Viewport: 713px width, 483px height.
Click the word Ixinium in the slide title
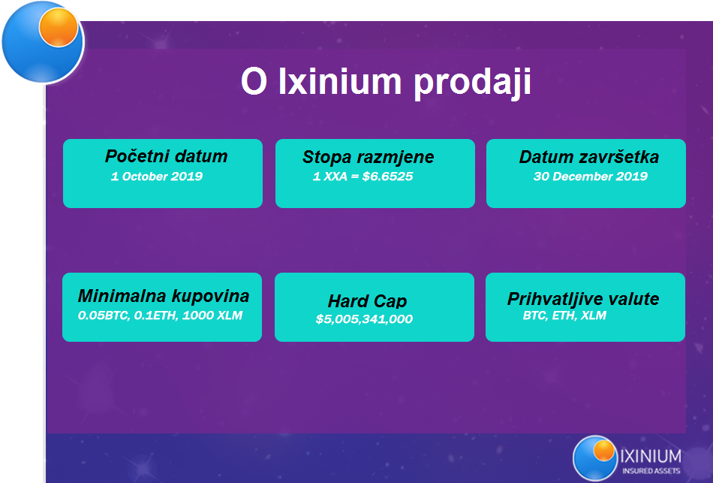coord(340,81)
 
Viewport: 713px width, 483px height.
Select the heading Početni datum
coord(166,156)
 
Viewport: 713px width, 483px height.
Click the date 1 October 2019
coord(157,177)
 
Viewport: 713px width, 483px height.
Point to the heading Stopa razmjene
coord(368,157)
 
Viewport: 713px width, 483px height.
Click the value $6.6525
coord(387,177)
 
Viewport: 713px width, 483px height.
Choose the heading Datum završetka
coord(589,157)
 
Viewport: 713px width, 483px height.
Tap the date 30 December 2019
coord(590,177)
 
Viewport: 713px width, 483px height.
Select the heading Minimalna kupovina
coord(164,296)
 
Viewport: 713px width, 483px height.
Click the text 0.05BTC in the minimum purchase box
coord(104,315)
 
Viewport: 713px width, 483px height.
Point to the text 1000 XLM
coord(212,315)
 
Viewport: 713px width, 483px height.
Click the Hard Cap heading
coord(368,301)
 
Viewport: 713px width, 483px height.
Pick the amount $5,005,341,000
coord(364,319)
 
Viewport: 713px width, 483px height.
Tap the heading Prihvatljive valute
coord(583,299)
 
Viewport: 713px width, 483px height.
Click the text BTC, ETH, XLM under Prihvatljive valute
coord(564,315)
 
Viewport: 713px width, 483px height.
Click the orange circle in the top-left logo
coord(59,27)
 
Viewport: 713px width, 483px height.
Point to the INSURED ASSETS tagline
coord(651,471)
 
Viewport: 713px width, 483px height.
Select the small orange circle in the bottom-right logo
coord(604,450)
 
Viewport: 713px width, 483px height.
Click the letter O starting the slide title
coord(254,81)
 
